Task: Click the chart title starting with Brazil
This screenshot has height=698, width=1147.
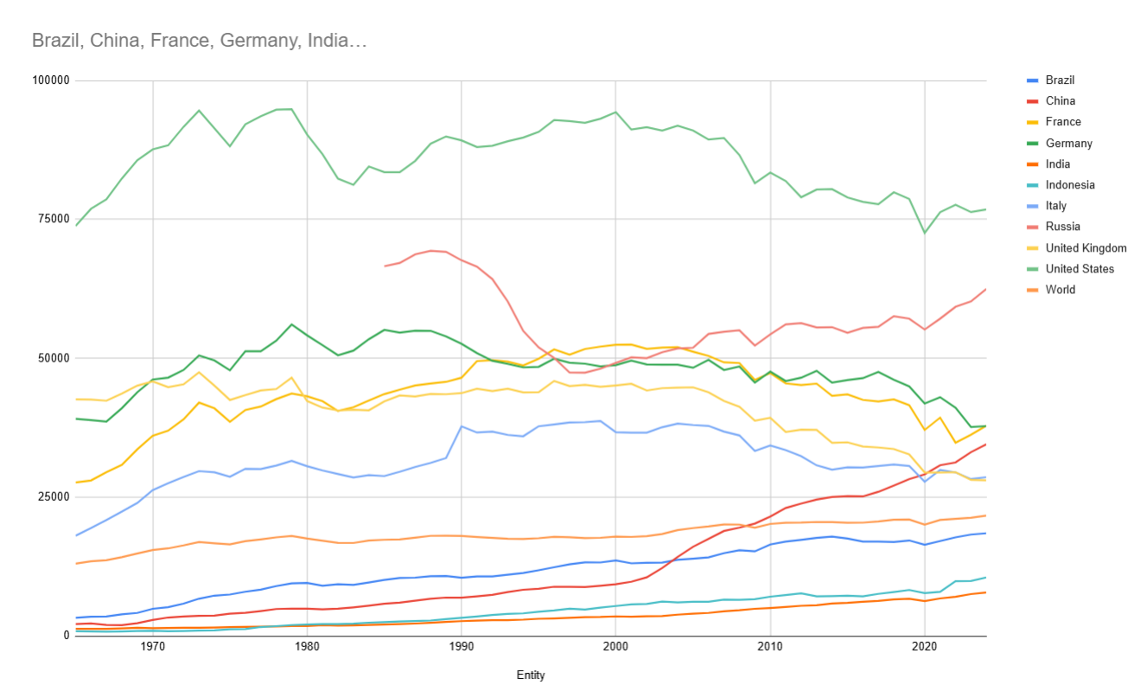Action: click(200, 40)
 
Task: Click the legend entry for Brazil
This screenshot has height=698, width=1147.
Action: click(1060, 80)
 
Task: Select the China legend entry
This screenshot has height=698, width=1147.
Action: click(1060, 101)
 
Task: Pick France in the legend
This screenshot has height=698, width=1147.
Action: click(1062, 122)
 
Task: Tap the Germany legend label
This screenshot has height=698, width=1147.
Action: click(1068, 144)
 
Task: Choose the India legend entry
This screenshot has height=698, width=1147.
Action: click(1057, 164)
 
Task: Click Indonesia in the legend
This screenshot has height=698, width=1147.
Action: click(1069, 185)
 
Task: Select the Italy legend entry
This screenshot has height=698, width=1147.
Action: click(1055, 206)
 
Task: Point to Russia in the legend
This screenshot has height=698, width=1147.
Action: click(1062, 227)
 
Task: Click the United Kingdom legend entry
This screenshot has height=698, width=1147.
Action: click(1086, 248)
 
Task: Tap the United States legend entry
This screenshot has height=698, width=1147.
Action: click(1080, 269)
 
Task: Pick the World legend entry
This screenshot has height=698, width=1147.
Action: click(1060, 290)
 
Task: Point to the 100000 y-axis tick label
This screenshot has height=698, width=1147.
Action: click(49, 80)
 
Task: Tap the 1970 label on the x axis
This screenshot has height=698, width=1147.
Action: click(153, 647)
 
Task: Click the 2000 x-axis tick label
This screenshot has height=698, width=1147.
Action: click(615, 647)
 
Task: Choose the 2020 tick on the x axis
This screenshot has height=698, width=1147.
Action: click(924, 647)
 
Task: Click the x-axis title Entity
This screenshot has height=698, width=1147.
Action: click(531, 676)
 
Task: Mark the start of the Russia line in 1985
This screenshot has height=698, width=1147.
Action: click(385, 266)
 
